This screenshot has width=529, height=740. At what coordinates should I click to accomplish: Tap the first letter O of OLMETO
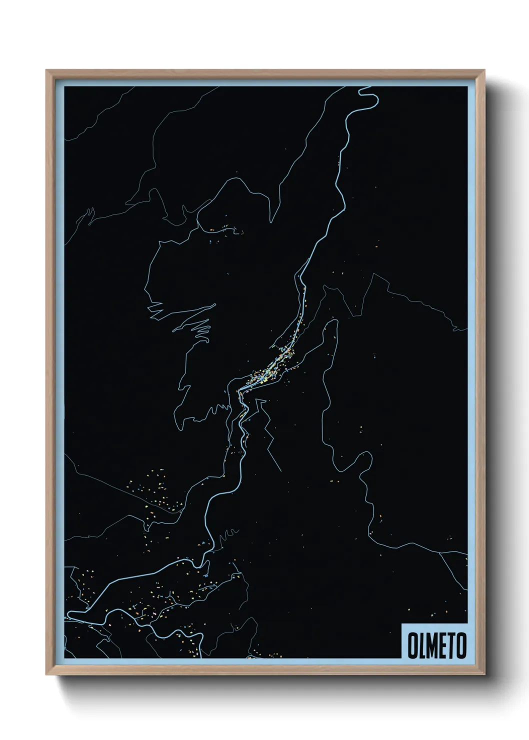tap(413, 645)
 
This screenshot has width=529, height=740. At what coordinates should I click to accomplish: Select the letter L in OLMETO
tap(423, 645)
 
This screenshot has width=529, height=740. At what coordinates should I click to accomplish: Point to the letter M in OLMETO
tap(433, 645)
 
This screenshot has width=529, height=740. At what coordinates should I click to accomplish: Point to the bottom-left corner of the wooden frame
tap(47, 674)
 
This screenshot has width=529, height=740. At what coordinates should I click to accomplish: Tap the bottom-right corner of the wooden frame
tap(484, 674)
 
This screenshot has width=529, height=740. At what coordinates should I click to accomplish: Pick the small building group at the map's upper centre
tap(225, 229)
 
